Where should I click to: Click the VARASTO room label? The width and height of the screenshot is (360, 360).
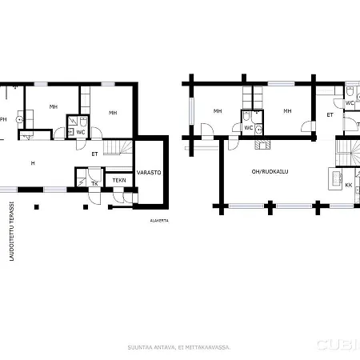149,172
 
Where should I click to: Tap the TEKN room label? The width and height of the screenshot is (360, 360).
118,181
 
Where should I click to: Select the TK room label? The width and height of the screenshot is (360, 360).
94,184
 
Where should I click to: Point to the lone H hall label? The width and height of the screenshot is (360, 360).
33,163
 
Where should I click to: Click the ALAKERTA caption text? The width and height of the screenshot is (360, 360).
158,219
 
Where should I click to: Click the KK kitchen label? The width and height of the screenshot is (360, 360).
348,185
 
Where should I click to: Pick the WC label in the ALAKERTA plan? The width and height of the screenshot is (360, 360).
81,132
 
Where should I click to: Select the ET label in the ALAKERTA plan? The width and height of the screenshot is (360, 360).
94,153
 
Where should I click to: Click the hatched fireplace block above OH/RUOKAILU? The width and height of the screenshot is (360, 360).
262,146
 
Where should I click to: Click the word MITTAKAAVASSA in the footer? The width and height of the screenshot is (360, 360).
211,346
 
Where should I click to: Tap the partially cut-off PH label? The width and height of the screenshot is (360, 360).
3,119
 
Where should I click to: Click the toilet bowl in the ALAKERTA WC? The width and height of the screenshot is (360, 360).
72,122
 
